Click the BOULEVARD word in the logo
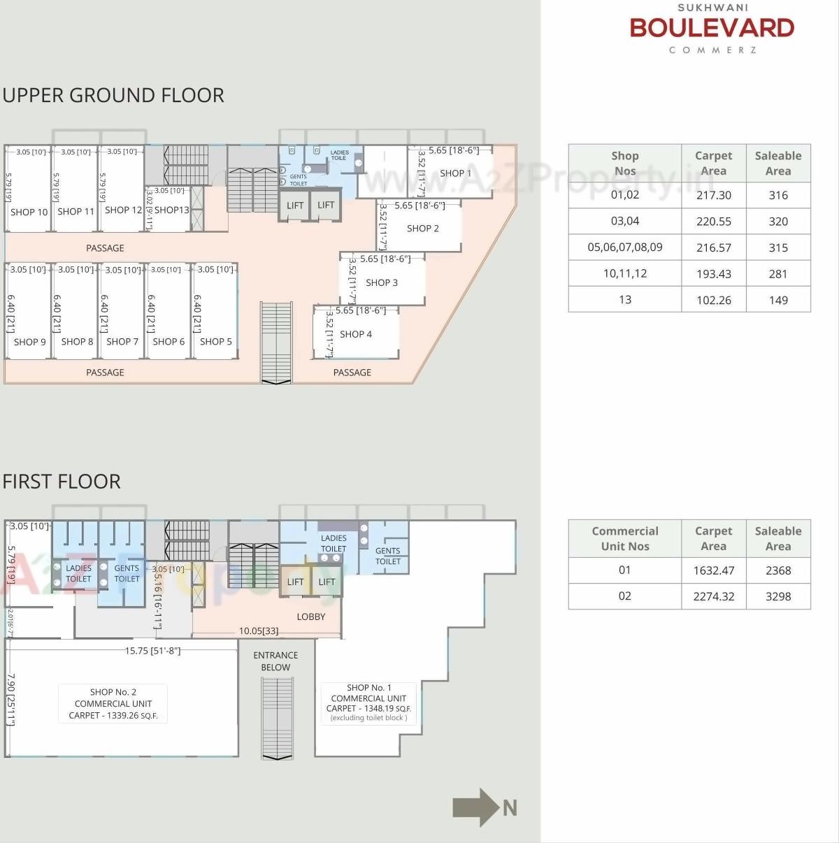pyautogui.click(x=712, y=28)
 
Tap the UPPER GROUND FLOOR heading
pyautogui.click(x=113, y=95)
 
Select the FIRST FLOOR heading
pyautogui.click(x=62, y=482)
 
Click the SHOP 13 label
pyautogui.click(x=171, y=210)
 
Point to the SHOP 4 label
pyautogui.click(x=356, y=334)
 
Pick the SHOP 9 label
pyautogui.click(x=30, y=342)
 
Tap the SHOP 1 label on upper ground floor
pyautogui.click(x=455, y=173)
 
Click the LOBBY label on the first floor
pyautogui.click(x=311, y=617)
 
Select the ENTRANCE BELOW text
pyautogui.click(x=275, y=661)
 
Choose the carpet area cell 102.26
pyautogui.click(x=713, y=300)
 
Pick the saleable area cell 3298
pyautogui.click(x=778, y=596)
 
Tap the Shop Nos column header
pyautogui.click(x=625, y=164)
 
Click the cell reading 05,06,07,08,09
pyautogui.click(x=625, y=247)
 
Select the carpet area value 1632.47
pyautogui.click(x=713, y=570)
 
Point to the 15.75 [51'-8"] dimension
pyautogui.click(x=152, y=651)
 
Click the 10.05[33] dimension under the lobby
pyautogui.click(x=259, y=631)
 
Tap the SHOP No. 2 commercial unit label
pyautogui.click(x=113, y=703)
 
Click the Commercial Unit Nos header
pyautogui.click(x=625, y=539)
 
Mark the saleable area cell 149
pyautogui.click(x=778, y=300)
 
